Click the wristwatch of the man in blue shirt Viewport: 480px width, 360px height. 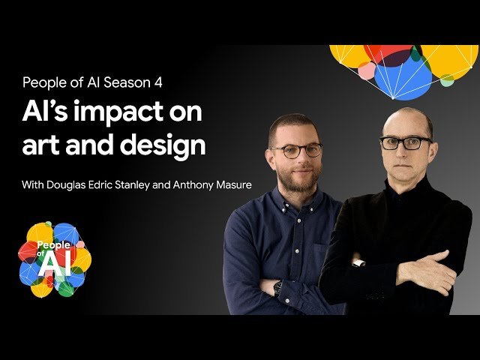277,287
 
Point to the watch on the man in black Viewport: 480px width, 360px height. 358,263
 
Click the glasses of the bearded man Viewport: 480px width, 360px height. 295,149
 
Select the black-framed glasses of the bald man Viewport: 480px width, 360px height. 405,142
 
